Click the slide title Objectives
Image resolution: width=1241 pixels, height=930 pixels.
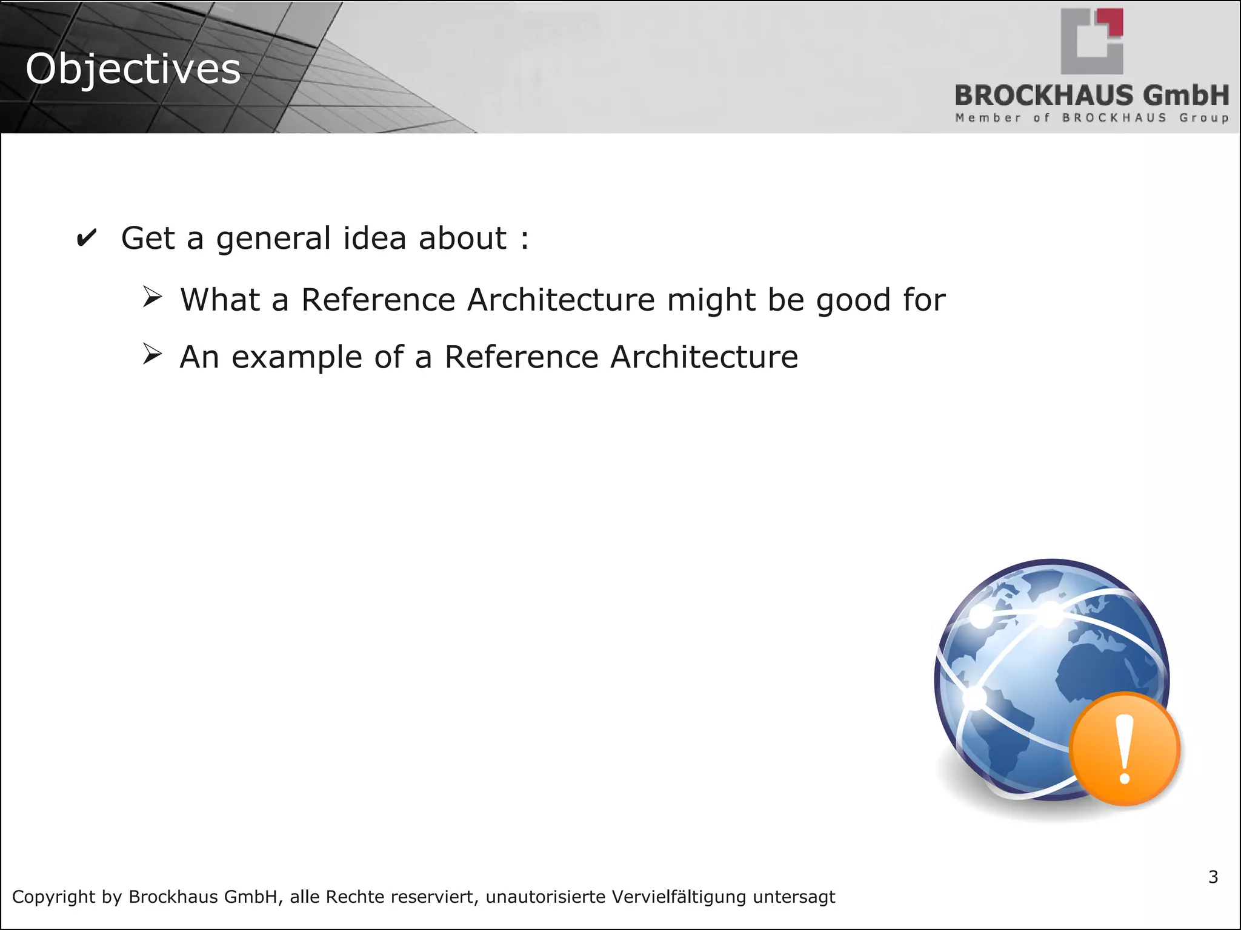pyautogui.click(x=133, y=69)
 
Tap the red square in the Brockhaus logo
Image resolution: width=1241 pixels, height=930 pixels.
pyautogui.click(x=1114, y=22)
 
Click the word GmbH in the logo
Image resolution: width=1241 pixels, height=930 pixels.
pyautogui.click(x=1186, y=96)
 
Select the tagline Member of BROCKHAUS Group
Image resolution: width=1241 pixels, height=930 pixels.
pyautogui.click(x=1092, y=117)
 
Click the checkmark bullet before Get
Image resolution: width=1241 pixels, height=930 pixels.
pyautogui.click(x=86, y=238)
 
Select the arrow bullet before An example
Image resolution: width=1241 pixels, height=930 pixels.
pyautogui.click(x=152, y=354)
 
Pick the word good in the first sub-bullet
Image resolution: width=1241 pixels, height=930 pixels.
pyautogui.click(x=854, y=300)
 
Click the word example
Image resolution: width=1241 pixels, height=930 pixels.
pyautogui.click(x=296, y=357)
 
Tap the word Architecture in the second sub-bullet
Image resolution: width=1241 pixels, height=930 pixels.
pyautogui.click(x=704, y=357)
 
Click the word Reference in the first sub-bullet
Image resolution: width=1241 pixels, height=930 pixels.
pyautogui.click(x=378, y=300)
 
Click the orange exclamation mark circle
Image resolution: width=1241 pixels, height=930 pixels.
pyautogui.click(x=1125, y=749)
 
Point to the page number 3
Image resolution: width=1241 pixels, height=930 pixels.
pyautogui.click(x=1213, y=877)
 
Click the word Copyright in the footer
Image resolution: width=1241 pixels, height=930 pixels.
pyautogui.click(x=54, y=897)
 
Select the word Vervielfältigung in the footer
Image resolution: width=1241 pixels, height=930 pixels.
pyautogui.click(x=679, y=897)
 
